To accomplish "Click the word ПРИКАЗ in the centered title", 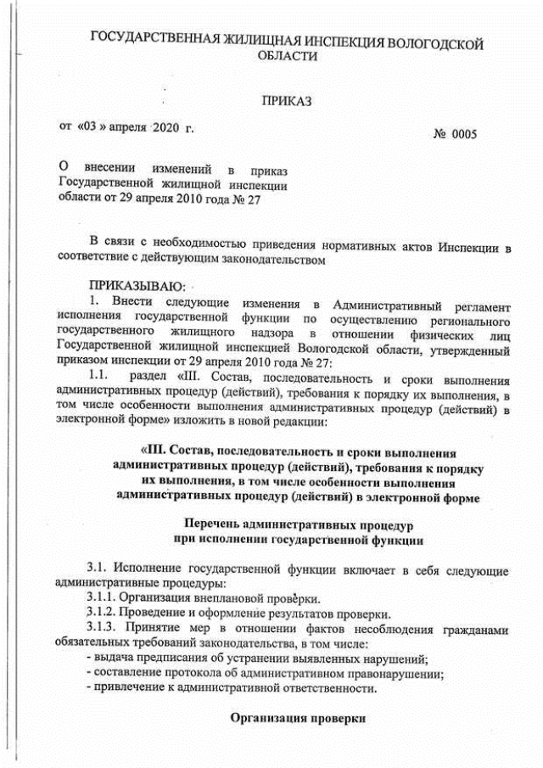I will [287, 102].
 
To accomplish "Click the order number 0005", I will [464, 134].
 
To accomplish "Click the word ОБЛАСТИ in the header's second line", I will [287, 56].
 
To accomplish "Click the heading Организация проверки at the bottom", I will [298, 719].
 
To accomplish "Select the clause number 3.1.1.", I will [103, 597].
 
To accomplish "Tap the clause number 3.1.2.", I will [103, 614].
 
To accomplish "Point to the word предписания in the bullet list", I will [168, 659].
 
